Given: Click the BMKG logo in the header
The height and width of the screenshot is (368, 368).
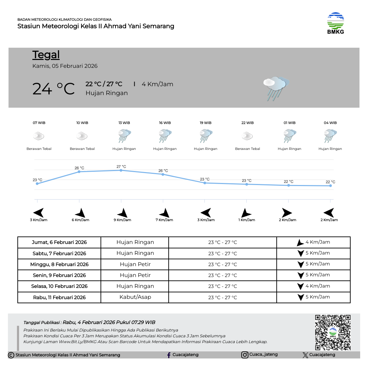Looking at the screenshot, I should coord(336,23).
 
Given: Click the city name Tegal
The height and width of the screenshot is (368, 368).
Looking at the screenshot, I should coord(46,55).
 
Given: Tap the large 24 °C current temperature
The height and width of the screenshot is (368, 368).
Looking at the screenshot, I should coord(53,89).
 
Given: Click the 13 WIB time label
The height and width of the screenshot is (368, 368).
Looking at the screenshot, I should coord(124,123).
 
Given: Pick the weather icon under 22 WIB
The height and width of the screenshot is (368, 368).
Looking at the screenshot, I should coord(247,136).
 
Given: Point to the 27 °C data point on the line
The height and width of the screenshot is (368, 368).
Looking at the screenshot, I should coord(121,170).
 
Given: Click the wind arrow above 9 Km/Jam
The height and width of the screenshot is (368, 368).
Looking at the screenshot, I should coord(122,213).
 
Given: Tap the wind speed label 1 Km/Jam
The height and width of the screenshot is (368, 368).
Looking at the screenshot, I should coord(247,220).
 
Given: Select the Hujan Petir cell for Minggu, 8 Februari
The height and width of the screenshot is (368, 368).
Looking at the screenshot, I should coord(135,264).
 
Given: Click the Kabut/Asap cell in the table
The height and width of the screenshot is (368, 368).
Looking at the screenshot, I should coord(135,297).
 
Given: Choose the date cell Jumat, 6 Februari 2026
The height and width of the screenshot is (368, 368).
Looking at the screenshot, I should coord(59,242).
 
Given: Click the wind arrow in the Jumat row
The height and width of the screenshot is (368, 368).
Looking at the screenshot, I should coord(300,243).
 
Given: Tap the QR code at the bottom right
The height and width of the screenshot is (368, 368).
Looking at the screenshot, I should coord(333,332).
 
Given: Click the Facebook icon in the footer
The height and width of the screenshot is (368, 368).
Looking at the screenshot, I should coord(169,355).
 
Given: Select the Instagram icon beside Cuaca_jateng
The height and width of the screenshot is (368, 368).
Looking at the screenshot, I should coord(245,355).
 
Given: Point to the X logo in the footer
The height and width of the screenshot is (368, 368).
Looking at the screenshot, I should coord(305,355).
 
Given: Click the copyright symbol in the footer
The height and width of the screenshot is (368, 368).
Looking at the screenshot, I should coord(11,355).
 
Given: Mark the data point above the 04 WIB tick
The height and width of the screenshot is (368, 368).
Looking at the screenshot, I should coord(331,186).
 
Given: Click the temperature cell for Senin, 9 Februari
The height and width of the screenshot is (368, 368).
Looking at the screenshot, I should coord(223,275).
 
